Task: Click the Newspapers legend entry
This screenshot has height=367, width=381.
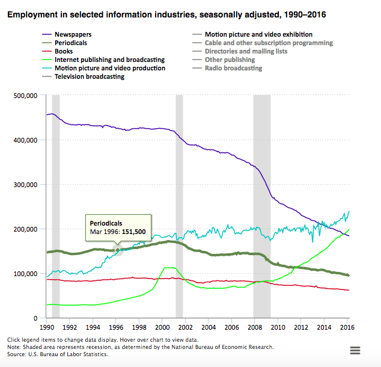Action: pos(73,35)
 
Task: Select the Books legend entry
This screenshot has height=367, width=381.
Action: pos(64,52)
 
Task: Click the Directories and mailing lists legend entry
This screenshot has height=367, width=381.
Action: pos(246,52)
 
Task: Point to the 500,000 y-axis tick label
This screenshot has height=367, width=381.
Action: pos(26,96)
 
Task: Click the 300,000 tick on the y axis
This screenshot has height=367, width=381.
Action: pos(26,185)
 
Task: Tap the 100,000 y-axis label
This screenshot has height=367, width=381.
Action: pos(26,274)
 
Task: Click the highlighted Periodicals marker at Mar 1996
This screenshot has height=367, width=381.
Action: pos(118,250)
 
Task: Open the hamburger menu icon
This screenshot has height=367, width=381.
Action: pos(355,351)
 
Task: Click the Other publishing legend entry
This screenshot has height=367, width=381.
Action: pos(230,60)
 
